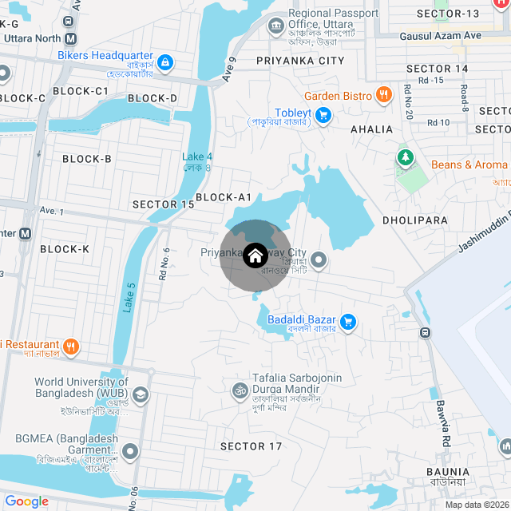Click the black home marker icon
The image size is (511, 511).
coord(255,256)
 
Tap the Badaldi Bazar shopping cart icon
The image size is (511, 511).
coord(347,322)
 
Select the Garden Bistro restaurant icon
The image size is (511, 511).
coord(384,95)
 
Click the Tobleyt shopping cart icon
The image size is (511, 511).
coord(323,114)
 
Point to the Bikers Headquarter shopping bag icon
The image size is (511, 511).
coord(164,61)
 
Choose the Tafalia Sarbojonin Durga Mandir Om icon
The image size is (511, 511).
coord(237,390)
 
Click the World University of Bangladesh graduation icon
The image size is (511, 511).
coord(141,394)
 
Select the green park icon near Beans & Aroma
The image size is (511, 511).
coord(406,157)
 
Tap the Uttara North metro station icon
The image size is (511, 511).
coord(72,38)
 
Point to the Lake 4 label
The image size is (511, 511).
coord(197,156)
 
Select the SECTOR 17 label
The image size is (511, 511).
coord(251,446)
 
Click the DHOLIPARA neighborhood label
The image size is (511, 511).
coord(414,220)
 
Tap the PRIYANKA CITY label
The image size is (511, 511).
coord(300,61)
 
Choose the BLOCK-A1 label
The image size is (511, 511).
coord(224,197)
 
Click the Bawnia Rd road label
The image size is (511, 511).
coord(444,422)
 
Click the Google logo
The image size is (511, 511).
coord(26,501)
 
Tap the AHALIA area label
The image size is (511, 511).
coord(372,129)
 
